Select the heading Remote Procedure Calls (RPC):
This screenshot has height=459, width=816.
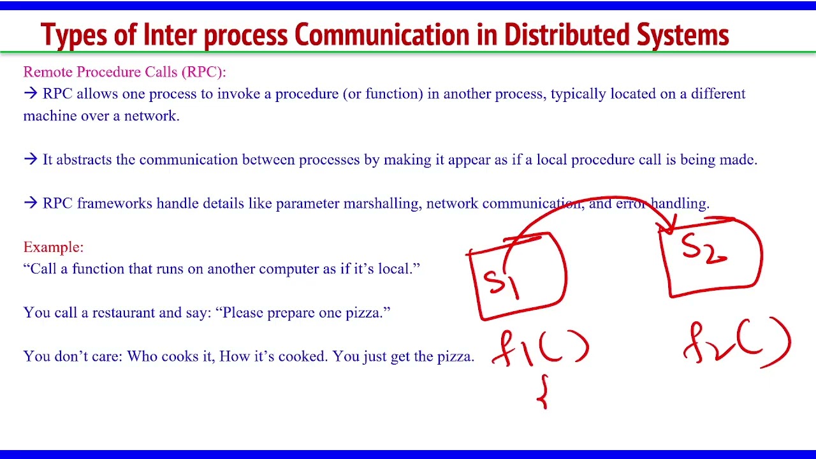tap(124, 72)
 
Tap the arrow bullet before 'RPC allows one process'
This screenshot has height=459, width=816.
tap(31, 94)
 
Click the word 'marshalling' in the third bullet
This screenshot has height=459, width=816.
tap(381, 203)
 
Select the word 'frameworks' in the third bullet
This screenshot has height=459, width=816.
tap(115, 203)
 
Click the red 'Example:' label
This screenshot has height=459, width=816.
tap(54, 247)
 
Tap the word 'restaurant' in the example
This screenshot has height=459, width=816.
tap(124, 312)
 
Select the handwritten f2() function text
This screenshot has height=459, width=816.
tap(736, 344)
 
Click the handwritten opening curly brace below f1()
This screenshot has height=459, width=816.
tap(543, 391)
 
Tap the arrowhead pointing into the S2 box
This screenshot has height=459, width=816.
tap(670, 226)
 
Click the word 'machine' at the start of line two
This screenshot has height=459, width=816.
tap(50, 115)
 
